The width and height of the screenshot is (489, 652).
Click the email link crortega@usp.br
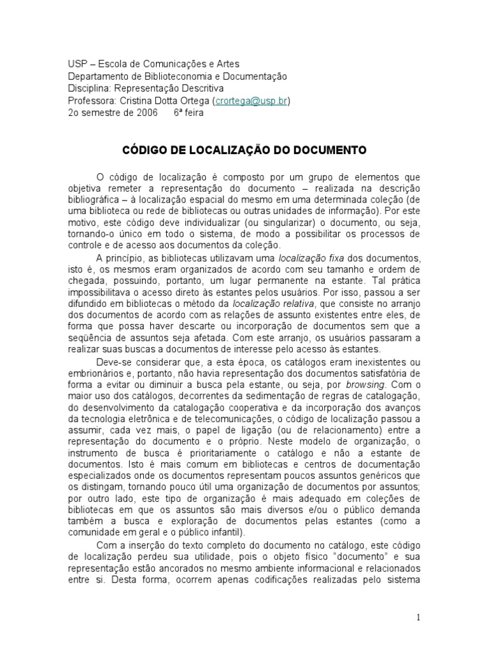(253, 101)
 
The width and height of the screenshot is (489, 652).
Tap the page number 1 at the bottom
(418, 617)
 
